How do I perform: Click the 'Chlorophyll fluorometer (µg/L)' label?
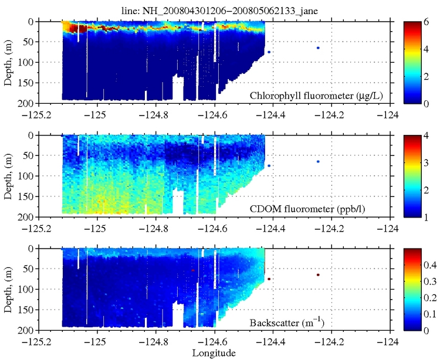pos(317,95)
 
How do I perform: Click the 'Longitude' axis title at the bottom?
pos(214,353)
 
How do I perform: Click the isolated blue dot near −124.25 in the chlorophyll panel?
pos(318,48)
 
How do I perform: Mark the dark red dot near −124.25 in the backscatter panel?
pos(318,274)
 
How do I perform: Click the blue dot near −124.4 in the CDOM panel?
pos(269,166)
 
